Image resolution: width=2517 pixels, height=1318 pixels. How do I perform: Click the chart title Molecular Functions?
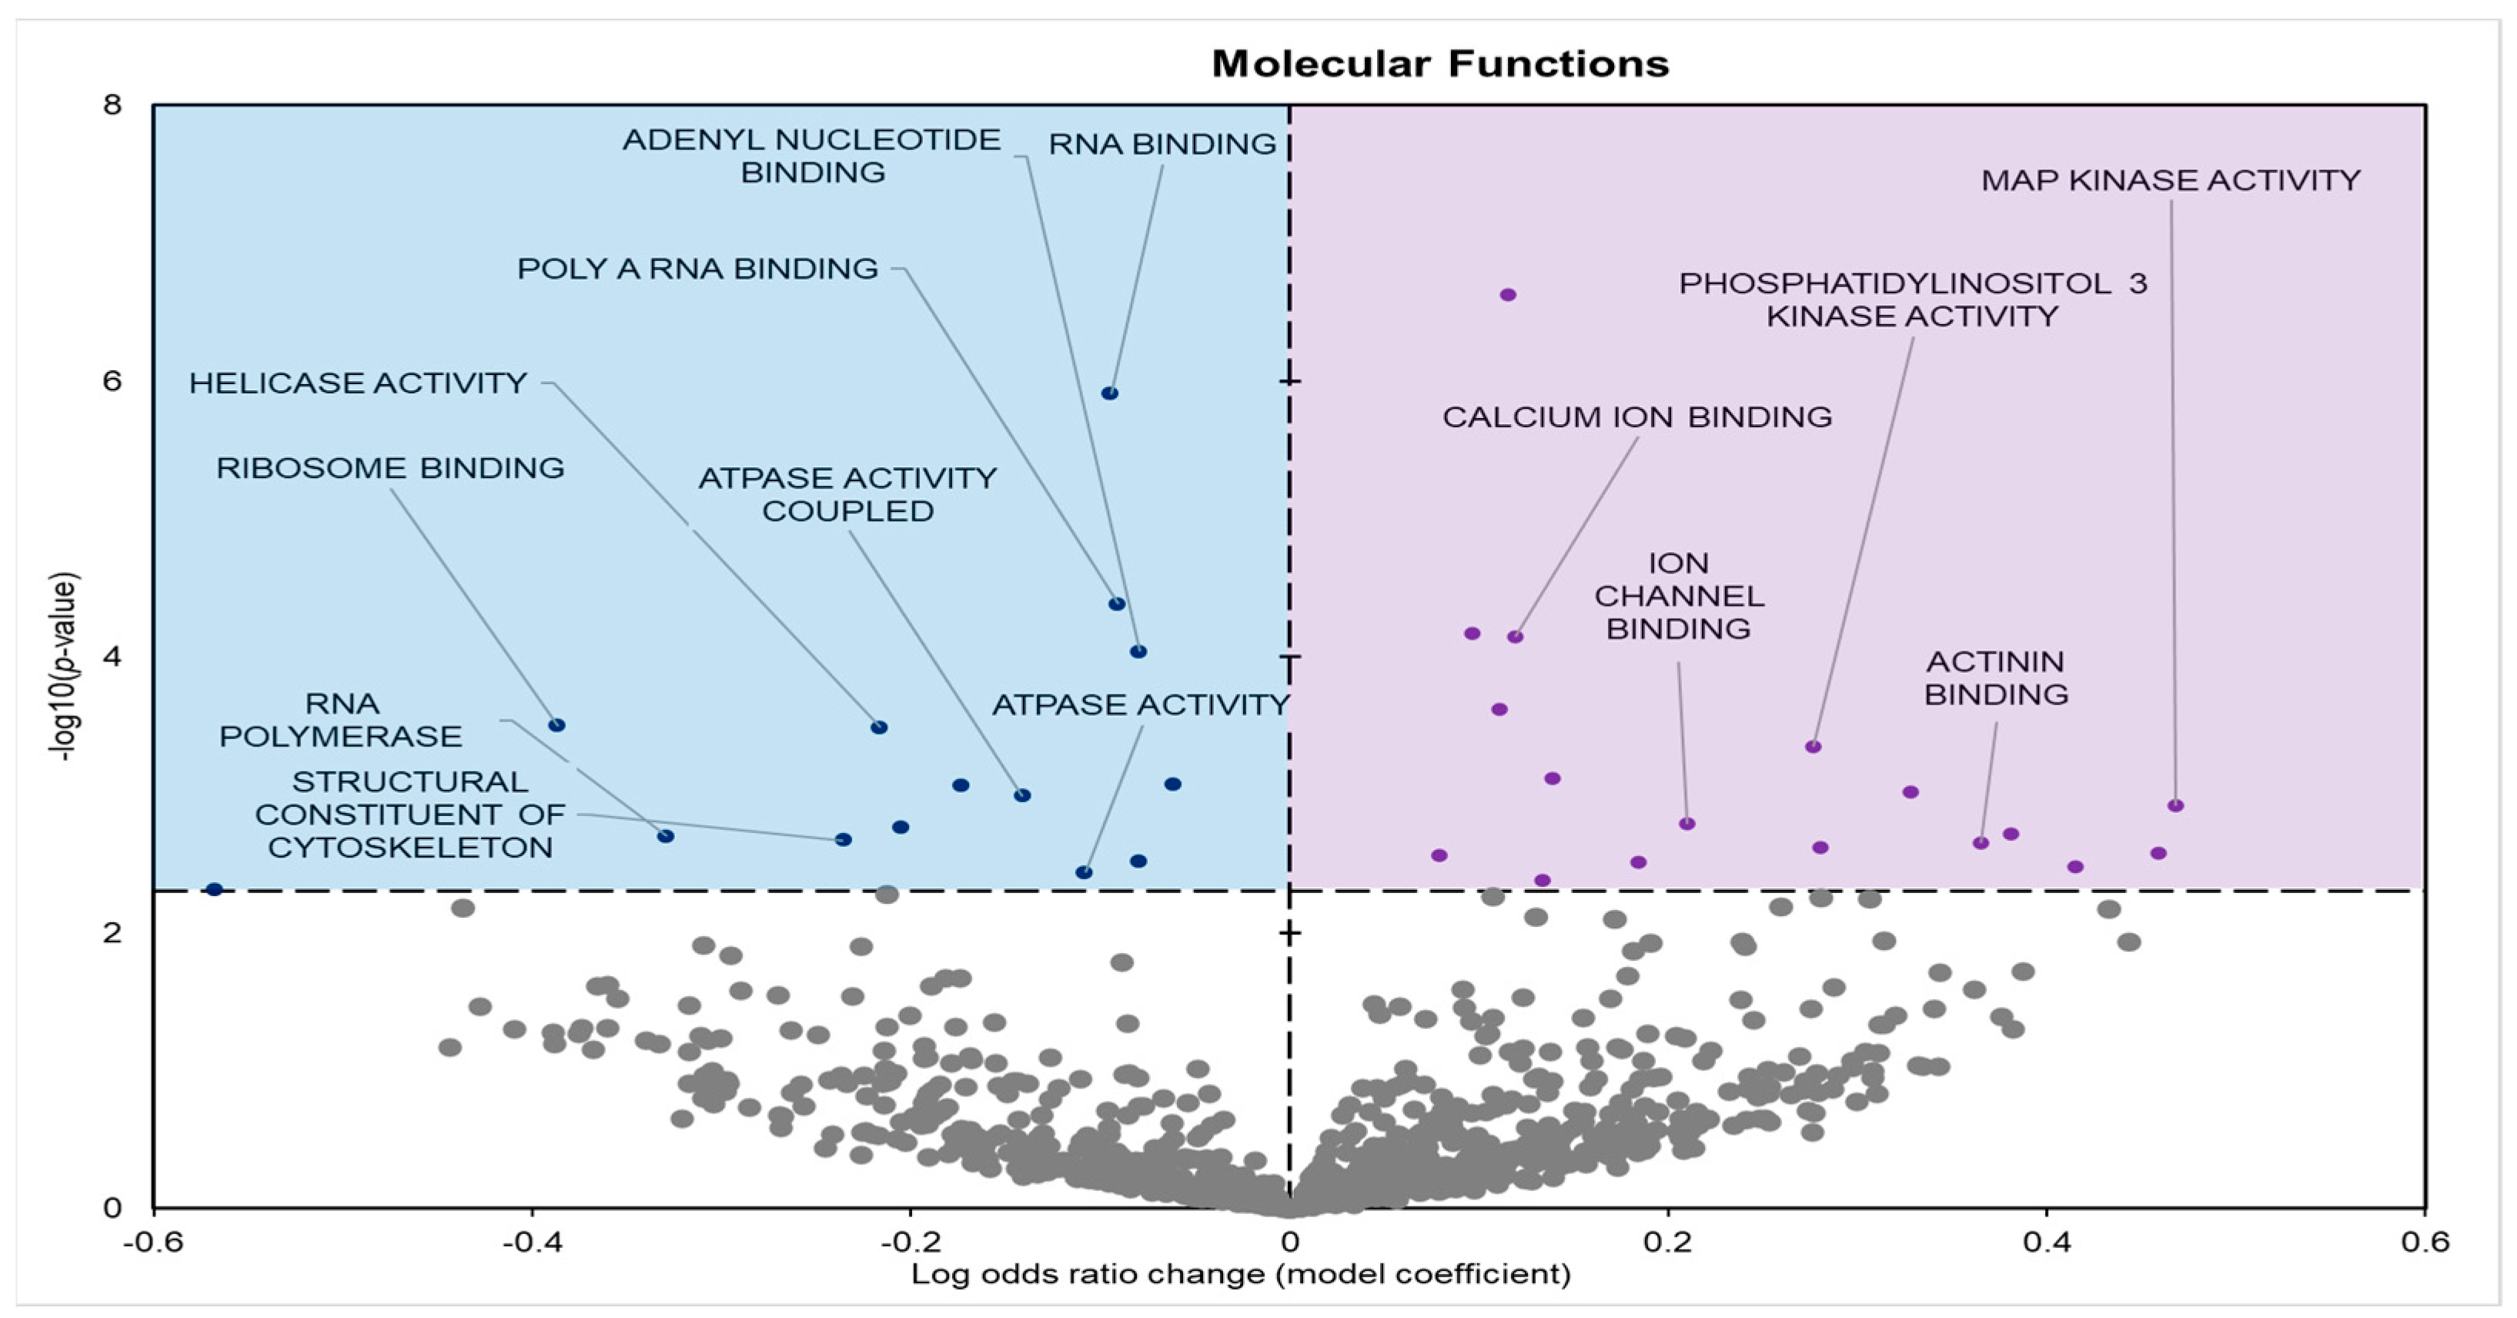point(1439,63)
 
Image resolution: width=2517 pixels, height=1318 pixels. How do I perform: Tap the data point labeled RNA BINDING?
point(1109,393)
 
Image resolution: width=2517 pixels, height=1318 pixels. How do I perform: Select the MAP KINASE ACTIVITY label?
point(2170,180)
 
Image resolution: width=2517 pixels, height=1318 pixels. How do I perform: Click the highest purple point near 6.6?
point(1508,294)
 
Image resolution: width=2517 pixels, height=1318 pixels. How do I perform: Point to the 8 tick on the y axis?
point(112,104)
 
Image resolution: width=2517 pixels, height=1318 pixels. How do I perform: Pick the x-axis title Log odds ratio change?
point(1241,1274)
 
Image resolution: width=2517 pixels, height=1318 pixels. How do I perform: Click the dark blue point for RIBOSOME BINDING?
point(556,725)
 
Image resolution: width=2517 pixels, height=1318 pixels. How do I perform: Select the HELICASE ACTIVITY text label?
point(358,382)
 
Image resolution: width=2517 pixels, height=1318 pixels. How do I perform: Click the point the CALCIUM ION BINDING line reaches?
point(1515,636)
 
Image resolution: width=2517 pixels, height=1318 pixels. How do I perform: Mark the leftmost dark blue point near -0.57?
point(214,889)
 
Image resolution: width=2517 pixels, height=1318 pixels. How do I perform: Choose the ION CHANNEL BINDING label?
point(1679,596)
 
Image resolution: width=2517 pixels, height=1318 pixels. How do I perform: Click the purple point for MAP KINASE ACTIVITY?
point(2175,805)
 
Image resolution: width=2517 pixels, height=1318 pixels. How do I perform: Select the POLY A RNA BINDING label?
point(697,268)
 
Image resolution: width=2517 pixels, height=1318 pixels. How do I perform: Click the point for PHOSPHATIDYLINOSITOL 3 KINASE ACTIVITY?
point(1813,747)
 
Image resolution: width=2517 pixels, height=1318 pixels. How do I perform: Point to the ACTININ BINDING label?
point(1995,678)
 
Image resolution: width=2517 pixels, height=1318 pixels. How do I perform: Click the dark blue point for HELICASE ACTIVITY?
point(878,727)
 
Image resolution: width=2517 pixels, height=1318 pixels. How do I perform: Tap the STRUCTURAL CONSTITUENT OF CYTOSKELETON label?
point(410,814)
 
